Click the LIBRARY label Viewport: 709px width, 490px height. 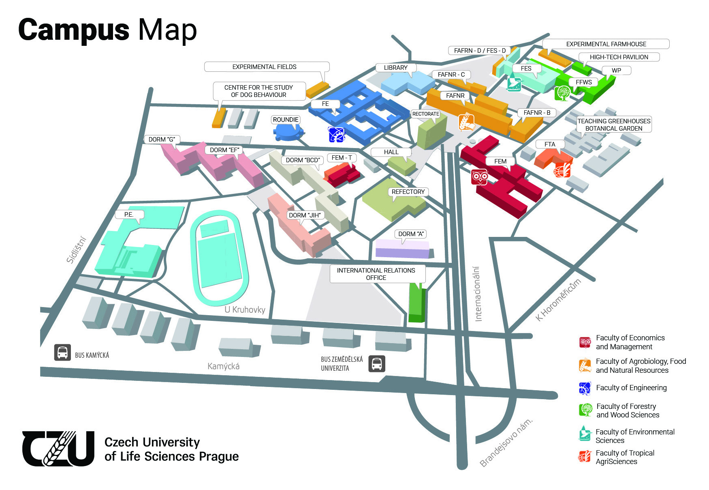(x=395, y=68)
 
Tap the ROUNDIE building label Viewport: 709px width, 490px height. (x=286, y=120)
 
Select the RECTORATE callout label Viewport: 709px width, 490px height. (x=425, y=114)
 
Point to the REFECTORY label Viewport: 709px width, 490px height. (x=408, y=192)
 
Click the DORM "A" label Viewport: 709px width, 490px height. (x=411, y=234)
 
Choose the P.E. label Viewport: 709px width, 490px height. (x=129, y=215)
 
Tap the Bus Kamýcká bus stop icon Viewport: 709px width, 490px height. (x=62, y=352)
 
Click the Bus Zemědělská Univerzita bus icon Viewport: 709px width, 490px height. (x=376, y=364)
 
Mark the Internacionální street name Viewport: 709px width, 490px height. (x=478, y=294)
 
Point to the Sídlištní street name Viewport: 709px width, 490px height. (x=76, y=250)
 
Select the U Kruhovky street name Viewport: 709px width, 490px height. (x=245, y=310)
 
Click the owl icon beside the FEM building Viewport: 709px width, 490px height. (x=480, y=177)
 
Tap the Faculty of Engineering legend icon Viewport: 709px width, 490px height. (x=585, y=388)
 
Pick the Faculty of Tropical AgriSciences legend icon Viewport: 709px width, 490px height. (x=585, y=457)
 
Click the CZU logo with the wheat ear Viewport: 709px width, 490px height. (x=58, y=449)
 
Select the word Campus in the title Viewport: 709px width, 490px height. (x=74, y=30)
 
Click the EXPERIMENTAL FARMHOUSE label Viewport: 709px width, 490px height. (x=606, y=44)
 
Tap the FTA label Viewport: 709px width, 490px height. (x=549, y=144)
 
